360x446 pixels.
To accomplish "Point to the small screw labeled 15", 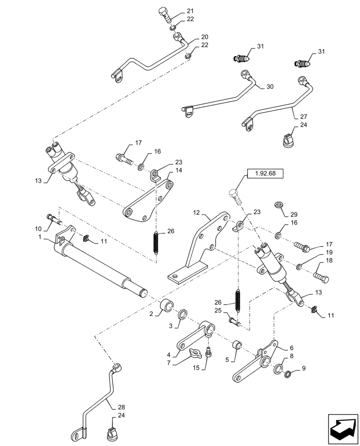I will (209, 353).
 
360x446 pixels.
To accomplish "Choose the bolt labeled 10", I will (53, 219).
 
